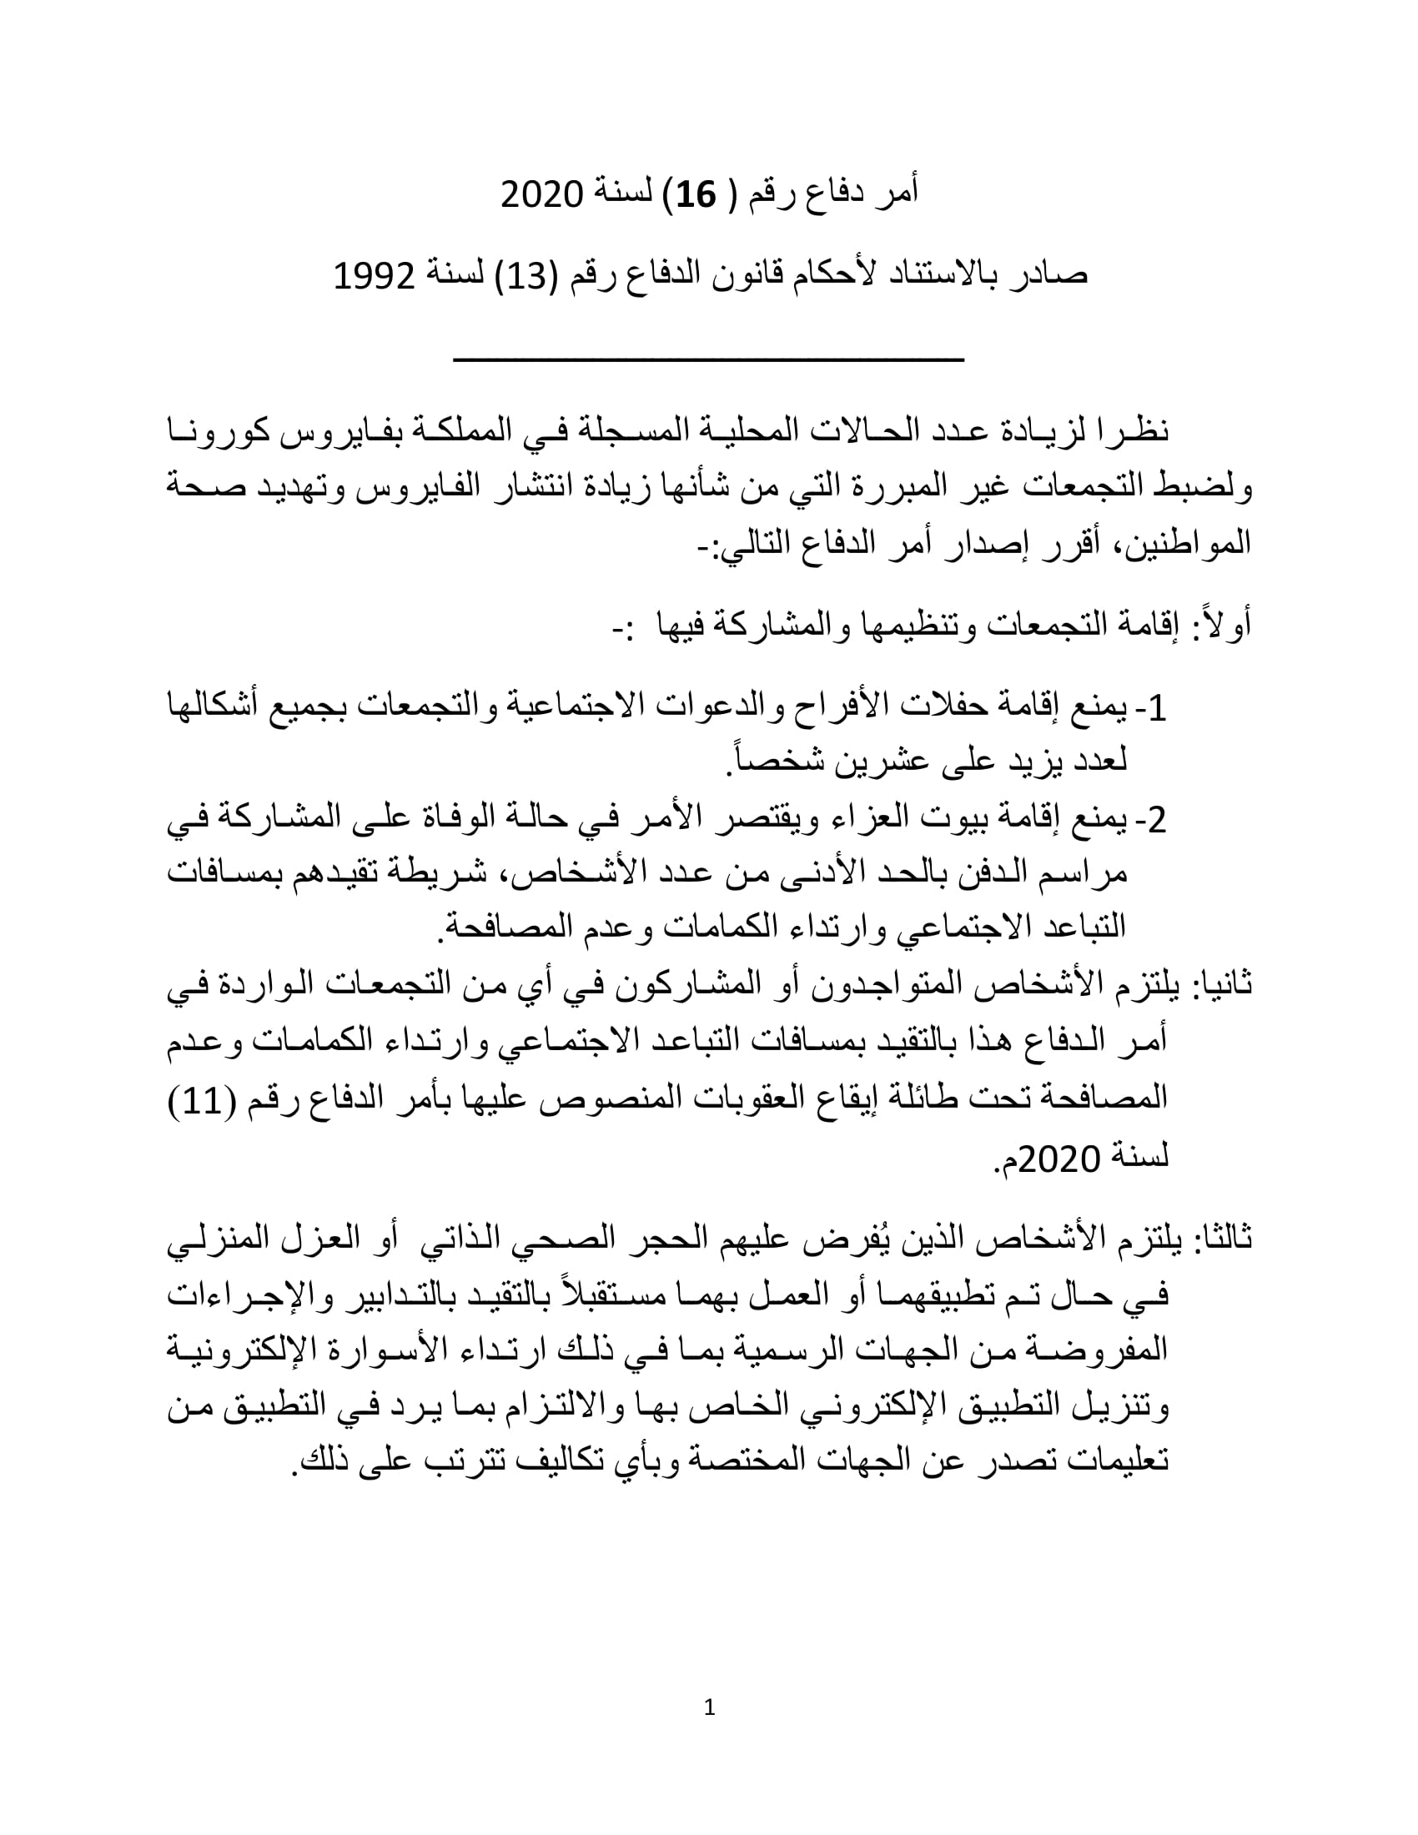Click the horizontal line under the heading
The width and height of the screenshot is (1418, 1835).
(x=708, y=360)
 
